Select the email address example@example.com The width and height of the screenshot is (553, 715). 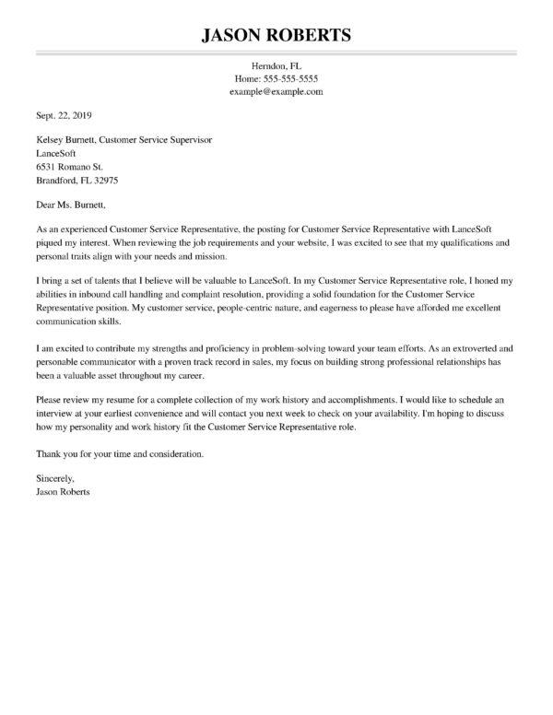tap(276, 93)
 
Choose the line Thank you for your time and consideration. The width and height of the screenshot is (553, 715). tap(119, 454)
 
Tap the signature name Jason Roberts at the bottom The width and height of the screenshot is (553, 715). tap(63, 493)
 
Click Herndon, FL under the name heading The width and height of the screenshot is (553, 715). tap(276, 66)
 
